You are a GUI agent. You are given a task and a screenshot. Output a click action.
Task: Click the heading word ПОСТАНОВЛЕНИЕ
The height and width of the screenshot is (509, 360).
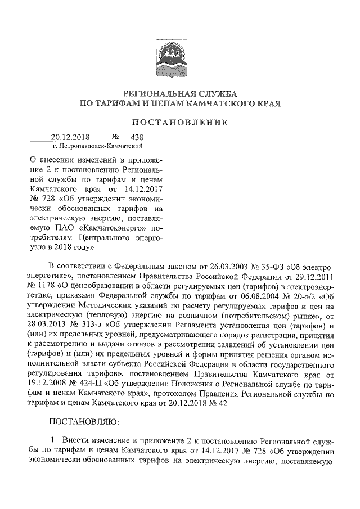coord(180,122)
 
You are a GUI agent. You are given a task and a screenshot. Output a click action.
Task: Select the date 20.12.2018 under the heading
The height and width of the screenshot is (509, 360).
coord(71,137)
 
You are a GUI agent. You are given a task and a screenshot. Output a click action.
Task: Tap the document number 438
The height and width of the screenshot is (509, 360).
coord(137,137)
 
